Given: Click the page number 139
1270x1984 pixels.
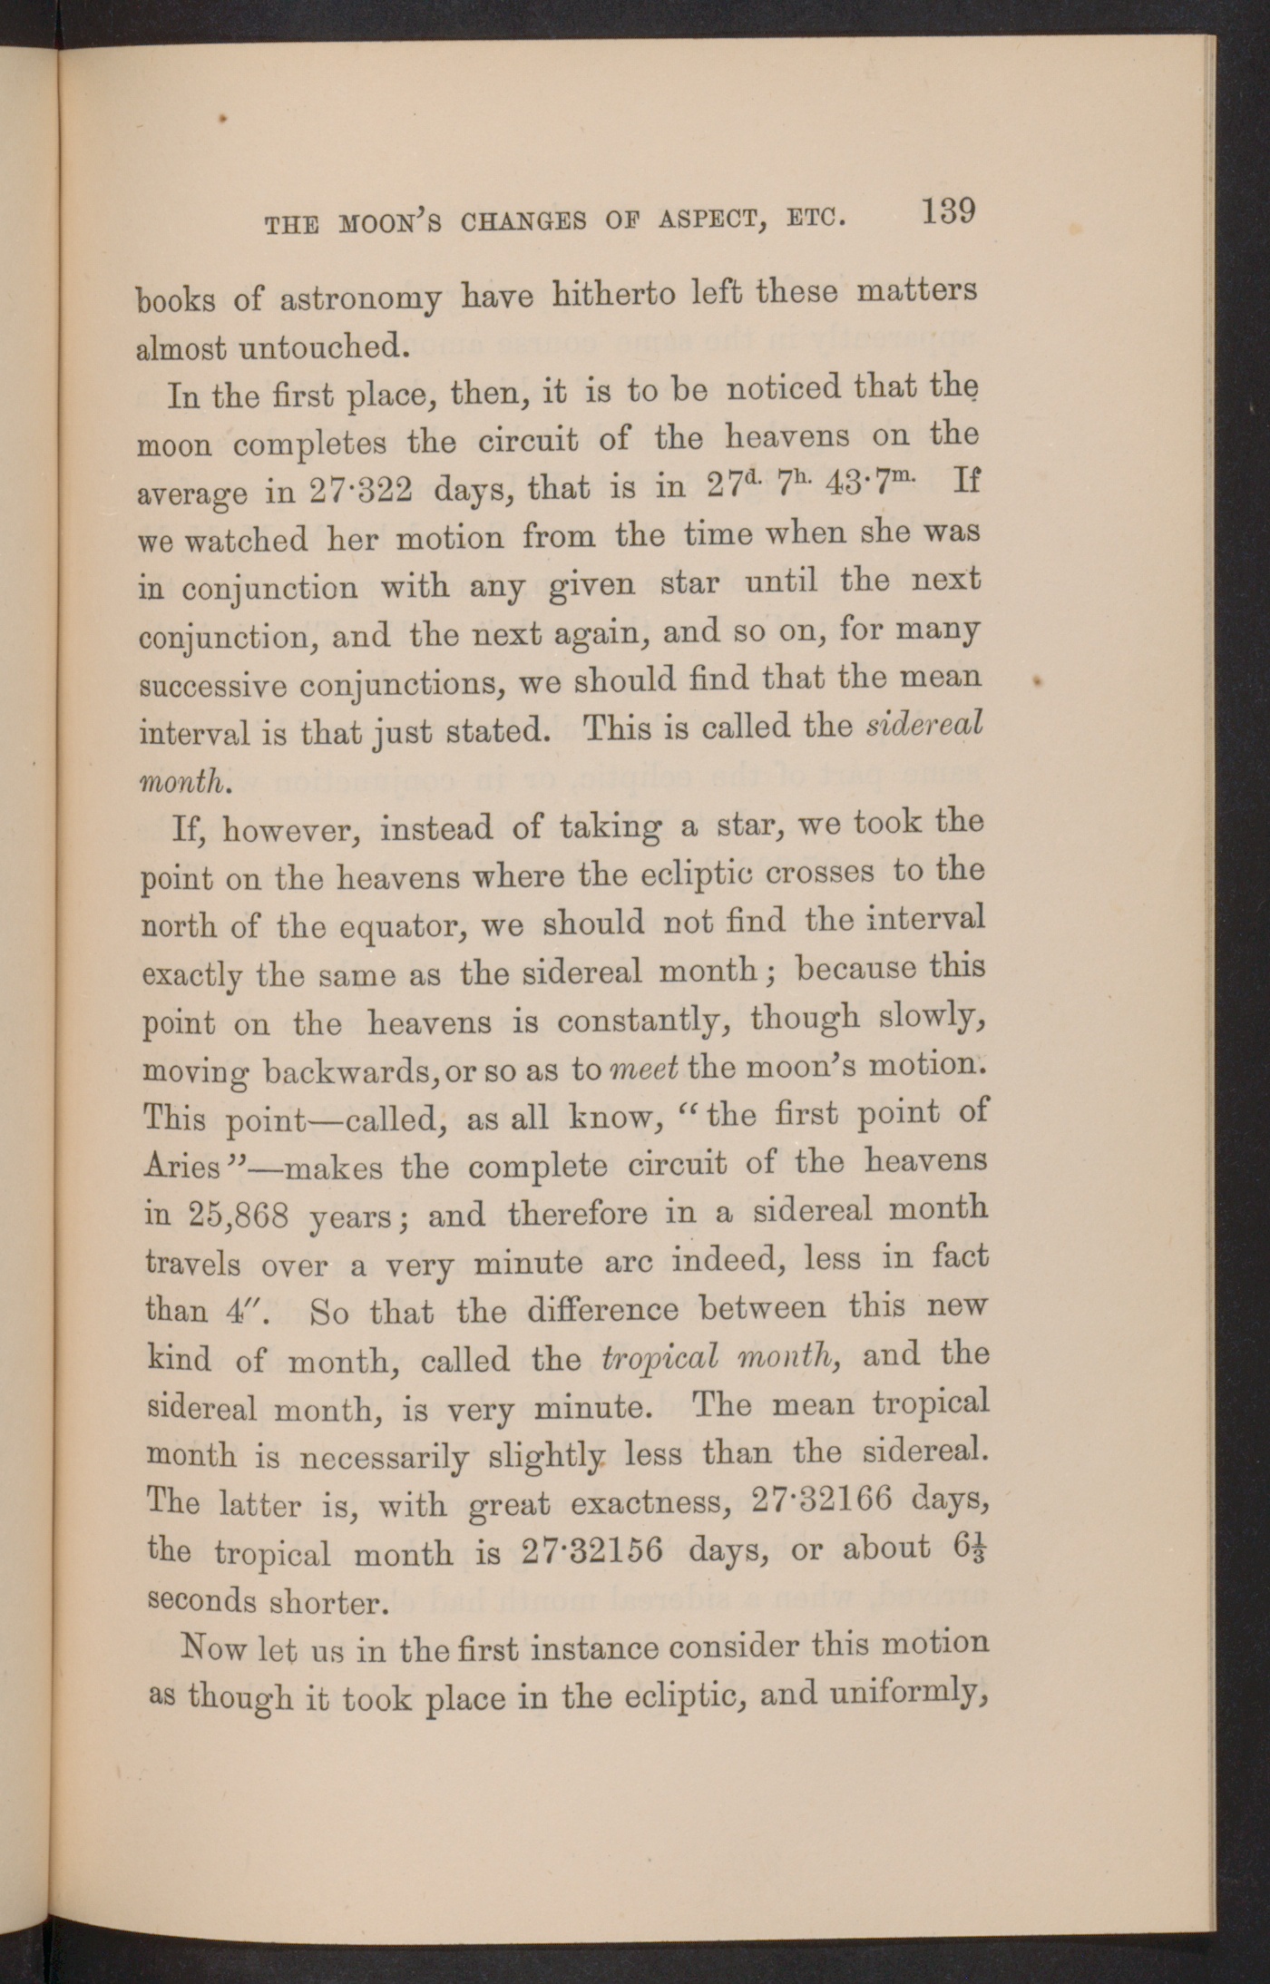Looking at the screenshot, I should point(948,212).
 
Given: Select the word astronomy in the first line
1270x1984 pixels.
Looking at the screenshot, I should point(361,298).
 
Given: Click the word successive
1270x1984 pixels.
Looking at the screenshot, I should point(210,684).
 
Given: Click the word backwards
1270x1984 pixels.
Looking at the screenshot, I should point(350,1071).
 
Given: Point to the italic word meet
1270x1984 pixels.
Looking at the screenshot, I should point(644,1069).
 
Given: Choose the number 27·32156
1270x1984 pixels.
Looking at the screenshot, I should point(592,1550).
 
